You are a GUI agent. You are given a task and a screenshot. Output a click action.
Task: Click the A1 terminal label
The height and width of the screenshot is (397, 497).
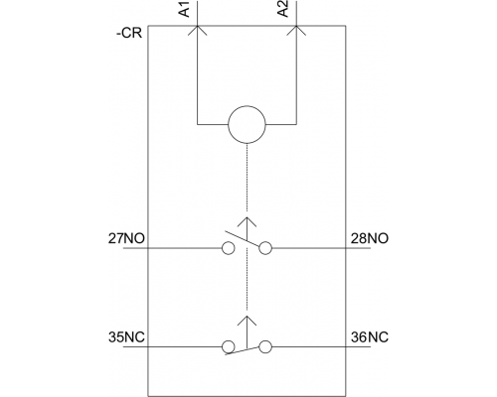(x=185, y=9)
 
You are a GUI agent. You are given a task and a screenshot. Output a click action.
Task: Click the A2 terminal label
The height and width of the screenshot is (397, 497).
(x=283, y=9)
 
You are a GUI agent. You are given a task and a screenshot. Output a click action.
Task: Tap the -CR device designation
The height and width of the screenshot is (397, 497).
(x=129, y=34)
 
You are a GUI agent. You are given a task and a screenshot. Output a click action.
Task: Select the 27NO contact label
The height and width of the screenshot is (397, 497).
(x=126, y=238)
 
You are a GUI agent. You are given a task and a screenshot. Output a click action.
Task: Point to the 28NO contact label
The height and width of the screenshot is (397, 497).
(x=370, y=238)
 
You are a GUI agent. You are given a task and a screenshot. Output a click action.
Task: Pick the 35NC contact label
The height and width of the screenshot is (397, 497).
(x=126, y=337)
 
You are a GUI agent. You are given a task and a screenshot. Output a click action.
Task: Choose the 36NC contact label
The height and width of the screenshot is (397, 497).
(x=370, y=337)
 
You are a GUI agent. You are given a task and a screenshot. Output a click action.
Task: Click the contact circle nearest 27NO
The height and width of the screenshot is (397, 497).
(x=228, y=242)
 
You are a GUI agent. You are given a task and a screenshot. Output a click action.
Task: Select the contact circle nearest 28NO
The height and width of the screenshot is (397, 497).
(x=265, y=242)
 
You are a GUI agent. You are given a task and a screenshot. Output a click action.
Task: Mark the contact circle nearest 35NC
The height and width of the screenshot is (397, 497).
(x=228, y=341)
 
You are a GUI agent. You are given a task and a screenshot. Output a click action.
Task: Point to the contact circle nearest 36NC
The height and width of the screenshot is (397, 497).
(x=265, y=341)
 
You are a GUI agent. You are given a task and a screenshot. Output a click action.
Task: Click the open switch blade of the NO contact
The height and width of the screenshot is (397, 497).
(x=242, y=239)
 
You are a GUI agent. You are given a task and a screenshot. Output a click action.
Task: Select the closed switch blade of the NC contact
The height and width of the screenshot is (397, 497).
(x=242, y=351)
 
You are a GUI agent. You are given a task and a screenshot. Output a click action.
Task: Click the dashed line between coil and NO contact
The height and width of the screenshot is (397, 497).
(x=247, y=178)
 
